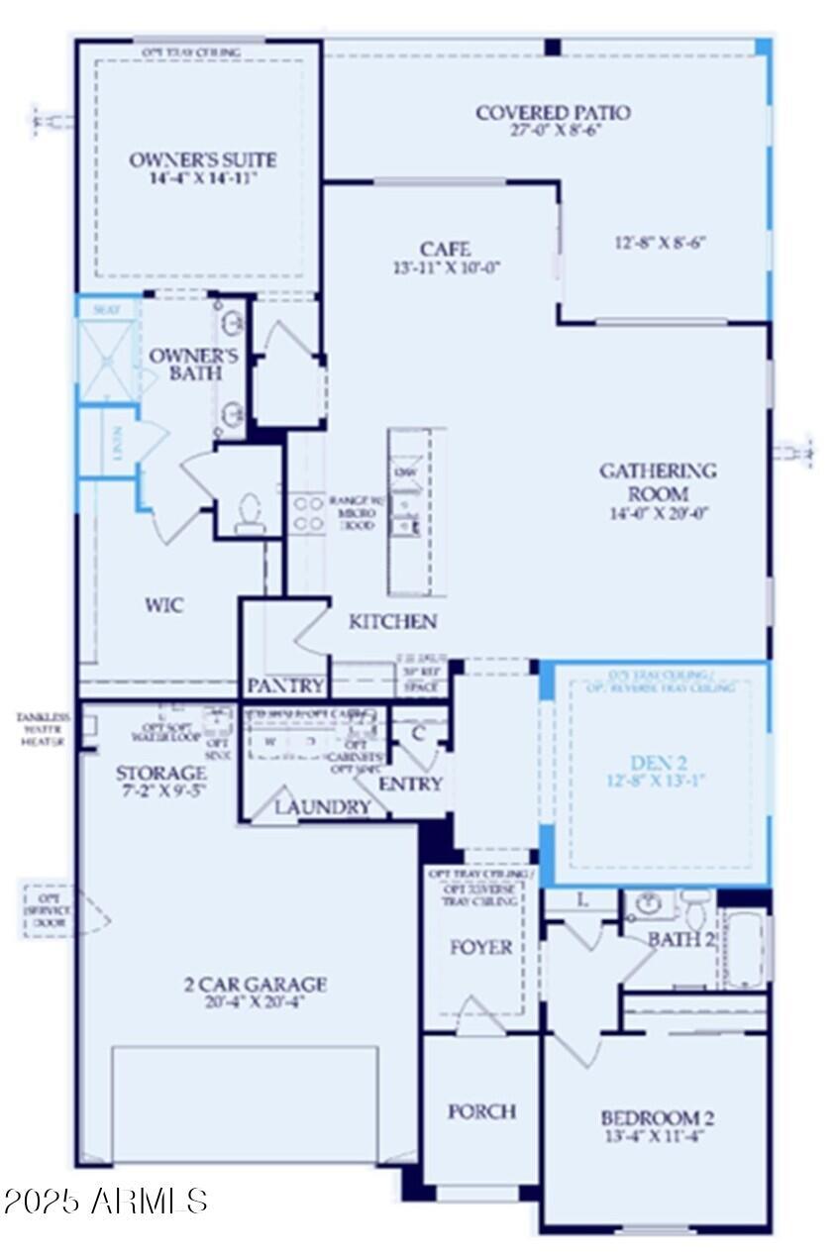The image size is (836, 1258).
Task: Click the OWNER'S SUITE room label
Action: tap(203, 160)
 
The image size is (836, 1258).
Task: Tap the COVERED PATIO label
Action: tap(553, 113)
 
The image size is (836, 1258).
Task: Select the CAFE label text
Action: tap(444, 250)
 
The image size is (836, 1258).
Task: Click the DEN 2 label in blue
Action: tap(661, 763)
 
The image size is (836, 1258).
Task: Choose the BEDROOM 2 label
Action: tap(657, 1118)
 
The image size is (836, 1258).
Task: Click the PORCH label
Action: tap(481, 1111)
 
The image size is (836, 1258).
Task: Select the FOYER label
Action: tap(481, 947)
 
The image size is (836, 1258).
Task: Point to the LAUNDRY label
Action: tap(322, 807)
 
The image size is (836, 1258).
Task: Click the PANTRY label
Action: tap(285, 685)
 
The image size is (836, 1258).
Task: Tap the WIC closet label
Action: tap(164, 605)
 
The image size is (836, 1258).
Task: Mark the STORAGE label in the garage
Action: tap(160, 773)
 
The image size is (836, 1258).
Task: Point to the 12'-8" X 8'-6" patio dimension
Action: tap(662, 243)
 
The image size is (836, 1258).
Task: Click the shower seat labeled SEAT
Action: tap(106, 309)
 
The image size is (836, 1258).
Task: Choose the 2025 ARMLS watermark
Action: tap(105, 1202)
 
